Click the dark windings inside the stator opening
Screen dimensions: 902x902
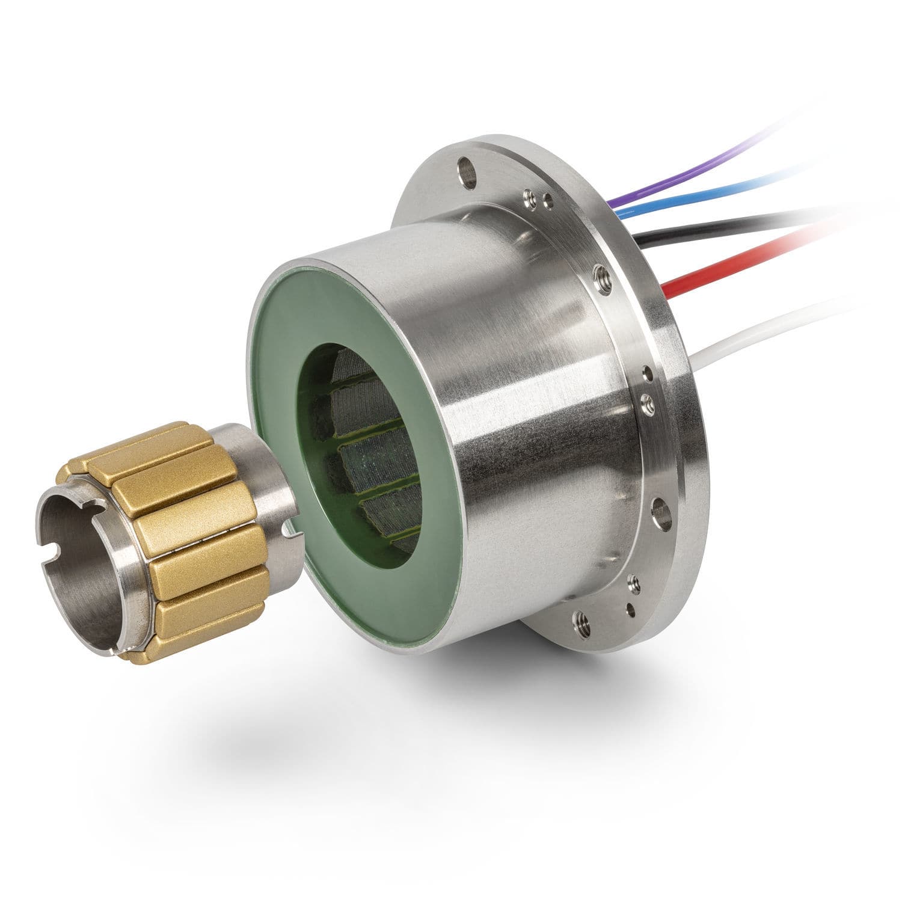pyautogui.click(x=373, y=457)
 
